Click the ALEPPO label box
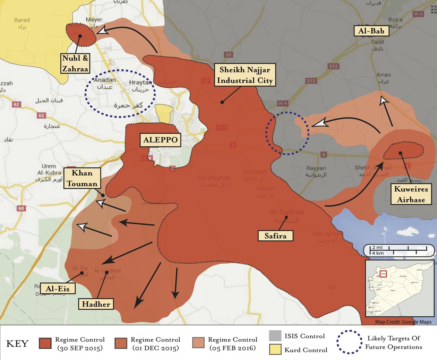click(161, 140)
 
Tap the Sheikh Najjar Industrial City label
click(245, 75)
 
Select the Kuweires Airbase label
click(411, 194)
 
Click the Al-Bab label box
click(371, 31)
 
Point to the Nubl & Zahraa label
click(75, 63)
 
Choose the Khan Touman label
click(82, 178)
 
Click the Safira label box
click(275, 236)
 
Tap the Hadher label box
click(96, 304)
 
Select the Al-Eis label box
click(58, 289)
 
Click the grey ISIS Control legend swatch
click(275, 336)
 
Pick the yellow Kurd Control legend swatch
click(275, 350)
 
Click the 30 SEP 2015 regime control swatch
click(45, 343)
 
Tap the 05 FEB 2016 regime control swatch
click(198, 343)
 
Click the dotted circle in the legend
click(349, 342)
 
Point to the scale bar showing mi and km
click(399, 250)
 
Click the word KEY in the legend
click(17, 344)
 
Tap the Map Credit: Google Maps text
click(403, 322)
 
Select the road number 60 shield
click(21, 208)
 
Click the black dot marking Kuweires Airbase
click(400, 153)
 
